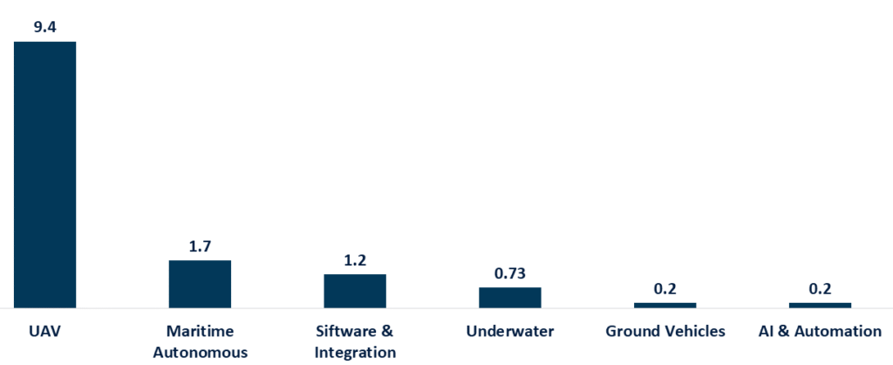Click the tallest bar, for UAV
click(44, 175)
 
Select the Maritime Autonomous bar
click(200, 284)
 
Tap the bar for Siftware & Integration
click(355, 291)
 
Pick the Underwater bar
click(510, 298)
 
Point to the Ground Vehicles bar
click(665, 306)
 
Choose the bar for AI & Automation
click(820, 306)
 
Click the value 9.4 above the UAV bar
click(44, 28)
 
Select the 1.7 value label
click(200, 246)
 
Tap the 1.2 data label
click(355, 260)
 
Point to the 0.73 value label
click(510, 273)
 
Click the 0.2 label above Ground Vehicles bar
click(665, 289)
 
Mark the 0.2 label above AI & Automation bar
click(820, 289)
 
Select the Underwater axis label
click(510, 332)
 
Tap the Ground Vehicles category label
click(665, 332)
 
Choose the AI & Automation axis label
click(820, 332)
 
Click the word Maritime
click(200, 332)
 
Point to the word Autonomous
click(200, 352)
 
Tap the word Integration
click(355, 352)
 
